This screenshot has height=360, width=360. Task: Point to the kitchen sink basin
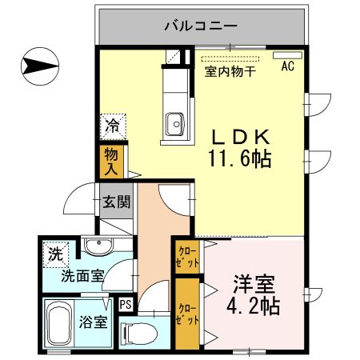click(174, 123)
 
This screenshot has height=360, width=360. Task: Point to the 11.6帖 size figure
click(239, 158)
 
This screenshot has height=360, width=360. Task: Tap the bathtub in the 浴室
click(59, 324)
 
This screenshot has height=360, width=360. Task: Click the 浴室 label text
click(94, 323)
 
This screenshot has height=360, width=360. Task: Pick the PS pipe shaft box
click(126, 304)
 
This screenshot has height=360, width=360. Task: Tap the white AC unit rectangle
click(284, 57)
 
